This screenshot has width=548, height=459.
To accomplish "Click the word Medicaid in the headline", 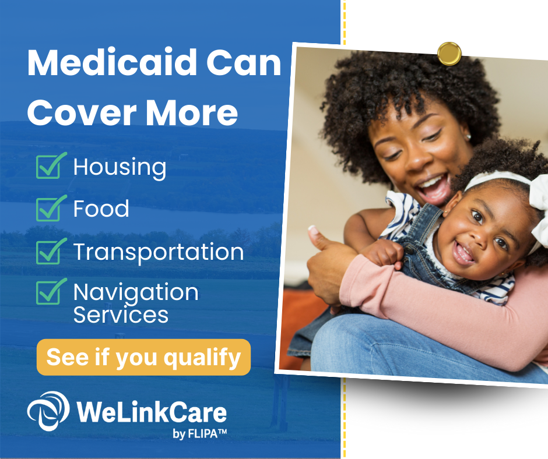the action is pyautogui.click(x=112, y=62).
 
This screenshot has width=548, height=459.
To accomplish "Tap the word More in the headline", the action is pyautogui.click(x=192, y=112).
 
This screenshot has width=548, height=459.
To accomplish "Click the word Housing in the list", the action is pyautogui.click(x=120, y=168).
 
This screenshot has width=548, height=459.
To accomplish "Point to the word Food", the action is pyautogui.click(x=101, y=209).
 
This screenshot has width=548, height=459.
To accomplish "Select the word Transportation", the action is pyautogui.click(x=159, y=252).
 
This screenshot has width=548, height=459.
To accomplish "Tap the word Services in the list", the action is pyautogui.click(x=121, y=315).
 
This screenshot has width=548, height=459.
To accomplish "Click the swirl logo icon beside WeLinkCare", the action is pyautogui.click(x=48, y=411).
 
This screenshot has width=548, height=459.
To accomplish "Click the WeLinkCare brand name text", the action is pyautogui.click(x=152, y=412).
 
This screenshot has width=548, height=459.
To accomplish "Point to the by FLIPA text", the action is pyautogui.click(x=199, y=433).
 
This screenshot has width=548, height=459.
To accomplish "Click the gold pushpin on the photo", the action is pyautogui.click(x=449, y=54).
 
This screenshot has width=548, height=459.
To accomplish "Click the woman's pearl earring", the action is pyautogui.click(x=468, y=136).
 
